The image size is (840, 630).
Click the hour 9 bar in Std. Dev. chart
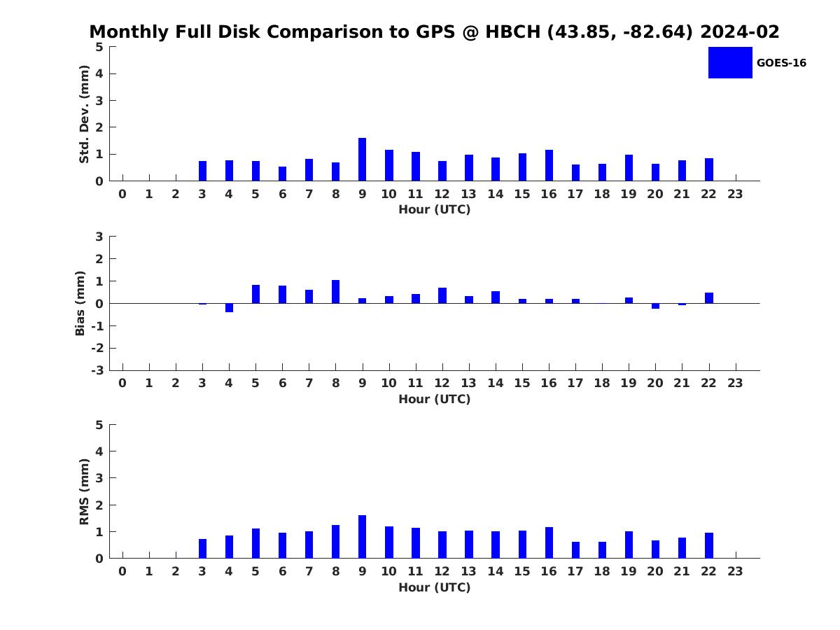(x=362, y=159)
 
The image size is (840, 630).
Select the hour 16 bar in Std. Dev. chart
(x=549, y=165)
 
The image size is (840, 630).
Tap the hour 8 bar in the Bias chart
(x=335, y=292)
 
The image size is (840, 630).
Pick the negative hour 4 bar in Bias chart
(x=229, y=308)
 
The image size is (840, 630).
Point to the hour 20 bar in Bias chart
(x=655, y=306)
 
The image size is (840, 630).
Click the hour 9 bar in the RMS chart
(x=362, y=537)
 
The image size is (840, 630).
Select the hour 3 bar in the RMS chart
(x=202, y=549)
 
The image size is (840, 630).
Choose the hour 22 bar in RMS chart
(x=708, y=545)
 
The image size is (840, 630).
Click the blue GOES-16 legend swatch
(x=730, y=63)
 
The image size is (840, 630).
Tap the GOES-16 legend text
(x=781, y=63)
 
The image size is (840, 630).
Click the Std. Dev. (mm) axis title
(x=84, y=114)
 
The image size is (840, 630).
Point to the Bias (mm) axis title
(x=80, y=303)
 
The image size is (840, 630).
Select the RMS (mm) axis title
(x=84, y=491)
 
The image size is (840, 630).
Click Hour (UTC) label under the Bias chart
(x=435, y=399)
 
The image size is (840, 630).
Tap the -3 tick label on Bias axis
(x=97, y=370)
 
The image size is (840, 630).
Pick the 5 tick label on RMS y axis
(x=99, y=425)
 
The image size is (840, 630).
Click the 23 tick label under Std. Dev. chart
(x=735, y=194)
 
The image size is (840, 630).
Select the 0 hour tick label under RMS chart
(x=122, y=571)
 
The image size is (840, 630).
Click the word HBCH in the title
(x=513, y=31)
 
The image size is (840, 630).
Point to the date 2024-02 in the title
(x=740, y=31)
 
